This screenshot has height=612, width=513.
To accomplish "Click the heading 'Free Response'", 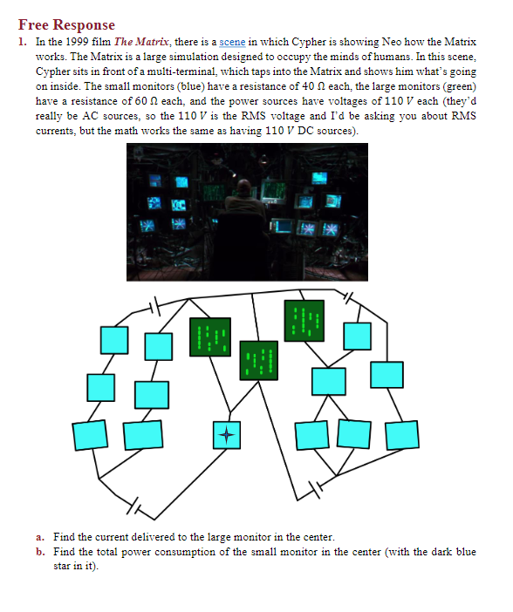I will [66, 25].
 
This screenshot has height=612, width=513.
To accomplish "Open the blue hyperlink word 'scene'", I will [233, 42].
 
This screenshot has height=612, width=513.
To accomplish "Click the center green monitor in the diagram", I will [259, 360].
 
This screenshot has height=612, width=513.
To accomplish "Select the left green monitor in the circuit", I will [210, 337].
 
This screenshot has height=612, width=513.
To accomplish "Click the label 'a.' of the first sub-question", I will [41, 537].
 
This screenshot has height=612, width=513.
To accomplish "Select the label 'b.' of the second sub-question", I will [41, 552].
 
